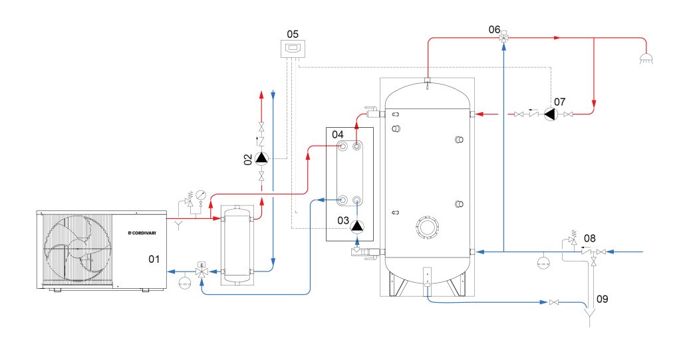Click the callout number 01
pos(153,258)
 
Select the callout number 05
pos(293,33)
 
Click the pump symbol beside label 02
pos(262,158)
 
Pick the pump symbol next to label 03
pos(358,226)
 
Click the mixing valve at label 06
pos(503,39)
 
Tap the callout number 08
pos(590,238)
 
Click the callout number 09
pos(602,299)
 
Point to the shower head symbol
pos(644,59)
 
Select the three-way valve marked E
pos(202,271)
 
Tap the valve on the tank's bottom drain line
pos(554,303)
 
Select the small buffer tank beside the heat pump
pos(237,244)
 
